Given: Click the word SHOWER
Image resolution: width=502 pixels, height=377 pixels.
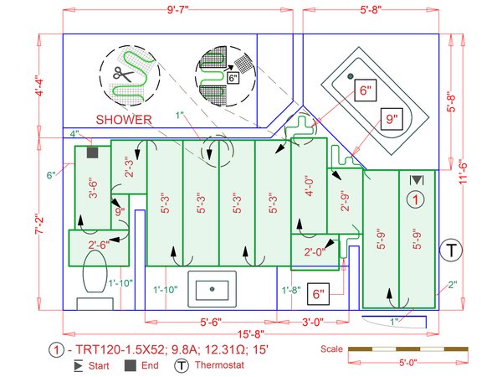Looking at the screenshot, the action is [124, 120].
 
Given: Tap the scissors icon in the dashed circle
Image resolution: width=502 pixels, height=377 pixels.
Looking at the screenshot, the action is [123, 75].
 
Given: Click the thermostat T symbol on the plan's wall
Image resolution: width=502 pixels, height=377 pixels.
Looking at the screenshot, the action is [451, 250].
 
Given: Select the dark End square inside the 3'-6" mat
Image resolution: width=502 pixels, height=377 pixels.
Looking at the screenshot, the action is [93, 152].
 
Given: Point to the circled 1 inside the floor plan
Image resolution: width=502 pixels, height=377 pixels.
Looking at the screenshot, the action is [416, 199].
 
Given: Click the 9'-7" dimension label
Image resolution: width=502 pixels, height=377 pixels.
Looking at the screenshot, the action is [178, 9].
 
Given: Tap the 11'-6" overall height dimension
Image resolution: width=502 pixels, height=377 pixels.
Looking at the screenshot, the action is [463, 173].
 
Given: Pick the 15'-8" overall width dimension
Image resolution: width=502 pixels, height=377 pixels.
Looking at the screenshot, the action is [251, 334].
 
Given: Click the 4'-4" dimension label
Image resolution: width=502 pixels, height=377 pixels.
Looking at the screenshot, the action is [38, 86].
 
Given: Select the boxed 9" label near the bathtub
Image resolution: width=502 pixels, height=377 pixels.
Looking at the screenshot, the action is [392, 119].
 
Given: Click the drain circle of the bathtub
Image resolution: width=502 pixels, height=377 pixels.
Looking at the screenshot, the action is [351, 76].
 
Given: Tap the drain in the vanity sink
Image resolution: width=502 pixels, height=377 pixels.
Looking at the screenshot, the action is [212, 289].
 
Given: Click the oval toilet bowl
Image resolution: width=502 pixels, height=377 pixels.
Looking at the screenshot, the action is [95, 271].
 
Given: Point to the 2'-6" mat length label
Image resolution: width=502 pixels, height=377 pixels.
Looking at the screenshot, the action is [99, 245].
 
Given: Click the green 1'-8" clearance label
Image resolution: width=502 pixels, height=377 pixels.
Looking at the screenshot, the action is [291, 290].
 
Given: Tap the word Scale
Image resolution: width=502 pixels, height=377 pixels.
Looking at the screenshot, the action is [331, 349].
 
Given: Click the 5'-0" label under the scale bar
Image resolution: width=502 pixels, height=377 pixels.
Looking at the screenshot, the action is [408, 363].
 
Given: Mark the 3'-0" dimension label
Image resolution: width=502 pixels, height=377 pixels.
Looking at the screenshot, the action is [313, 322].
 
